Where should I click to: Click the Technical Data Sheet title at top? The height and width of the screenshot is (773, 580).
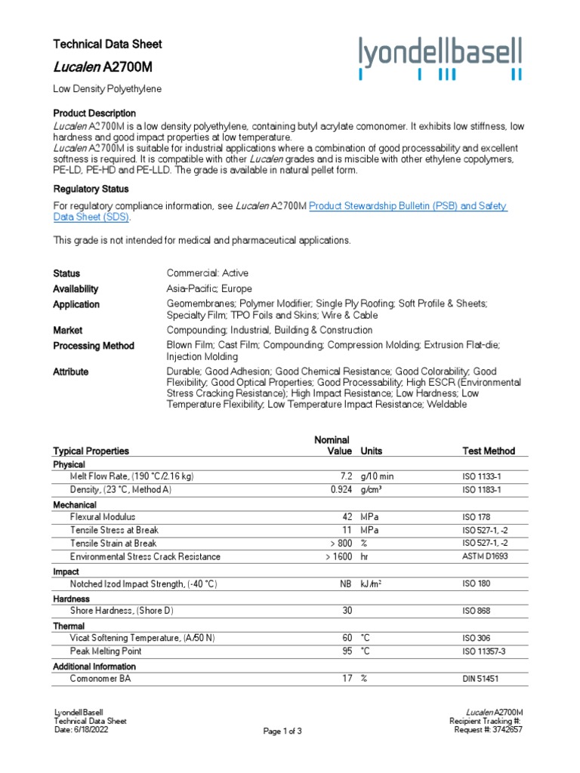click(107, 44)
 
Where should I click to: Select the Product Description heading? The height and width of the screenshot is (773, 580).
click(94, 113)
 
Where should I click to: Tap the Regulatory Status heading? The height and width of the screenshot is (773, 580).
click(91, 189)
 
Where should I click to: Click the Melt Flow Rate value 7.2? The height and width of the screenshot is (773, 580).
click(346, 477)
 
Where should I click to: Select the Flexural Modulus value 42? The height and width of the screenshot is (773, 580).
click(347, 517)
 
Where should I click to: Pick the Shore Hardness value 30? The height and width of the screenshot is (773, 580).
click(347, 611)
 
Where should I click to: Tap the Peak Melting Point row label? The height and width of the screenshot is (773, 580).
click(106, 651)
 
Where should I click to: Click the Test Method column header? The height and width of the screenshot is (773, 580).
click(489, 451)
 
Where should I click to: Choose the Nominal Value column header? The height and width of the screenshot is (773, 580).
click(332, 445)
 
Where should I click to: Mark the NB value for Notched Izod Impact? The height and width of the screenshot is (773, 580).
click(346, 584)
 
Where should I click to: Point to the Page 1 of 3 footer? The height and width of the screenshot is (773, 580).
click(282, 731)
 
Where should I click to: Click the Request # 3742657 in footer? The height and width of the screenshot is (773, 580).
click(489, 730)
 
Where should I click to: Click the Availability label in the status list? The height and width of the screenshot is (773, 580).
click(76, 288)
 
